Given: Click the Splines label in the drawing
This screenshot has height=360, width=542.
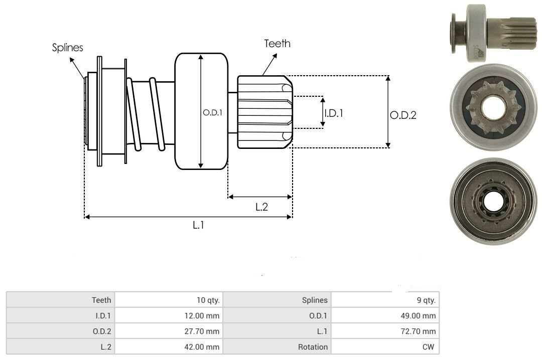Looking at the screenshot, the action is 67,47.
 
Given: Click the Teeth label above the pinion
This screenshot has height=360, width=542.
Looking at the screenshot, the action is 277,44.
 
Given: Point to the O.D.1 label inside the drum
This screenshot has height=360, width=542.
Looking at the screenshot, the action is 213,113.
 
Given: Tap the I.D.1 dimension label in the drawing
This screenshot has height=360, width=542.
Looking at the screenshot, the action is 334,113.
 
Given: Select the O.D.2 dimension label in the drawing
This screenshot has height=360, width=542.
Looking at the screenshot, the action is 403,115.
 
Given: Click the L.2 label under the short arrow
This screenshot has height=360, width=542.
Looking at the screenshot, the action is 261,207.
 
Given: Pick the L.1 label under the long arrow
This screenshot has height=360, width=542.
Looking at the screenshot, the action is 198,225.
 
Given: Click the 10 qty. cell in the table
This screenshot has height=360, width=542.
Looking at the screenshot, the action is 169,300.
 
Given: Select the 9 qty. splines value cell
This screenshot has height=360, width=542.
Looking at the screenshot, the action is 385,300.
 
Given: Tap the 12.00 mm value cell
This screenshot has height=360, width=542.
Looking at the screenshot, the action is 169,315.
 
